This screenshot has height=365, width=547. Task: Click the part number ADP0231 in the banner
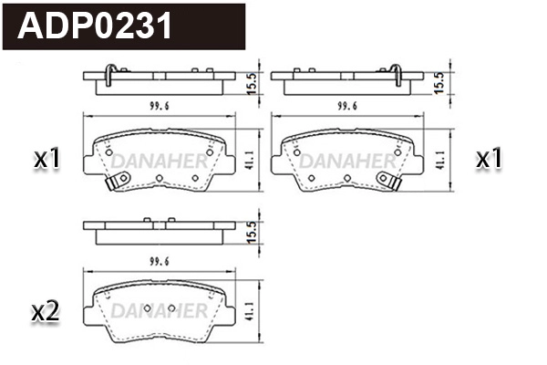[96, 26]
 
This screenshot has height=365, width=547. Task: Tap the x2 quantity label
[46, 312]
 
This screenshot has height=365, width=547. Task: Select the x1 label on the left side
[46, 160]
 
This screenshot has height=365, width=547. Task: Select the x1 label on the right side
[490, 160]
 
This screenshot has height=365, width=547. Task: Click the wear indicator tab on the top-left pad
[111, 185]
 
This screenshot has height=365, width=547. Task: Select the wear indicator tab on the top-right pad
[396, 185]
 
